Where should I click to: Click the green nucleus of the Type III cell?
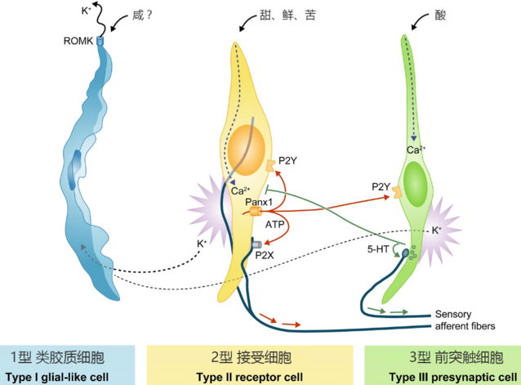click(x=415, y=179)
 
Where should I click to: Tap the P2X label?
click(x=264, y=255)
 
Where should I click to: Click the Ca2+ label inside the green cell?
click(x=415, y=150)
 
